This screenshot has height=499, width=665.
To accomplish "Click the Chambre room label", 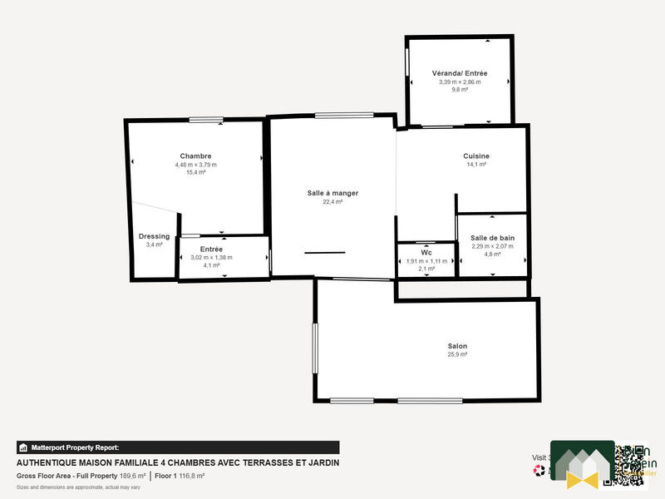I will (195, 156).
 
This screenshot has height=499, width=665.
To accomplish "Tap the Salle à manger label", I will (332, 193).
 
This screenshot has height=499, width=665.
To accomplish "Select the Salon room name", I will (457, 346).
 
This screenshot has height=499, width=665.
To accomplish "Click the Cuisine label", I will (476, 156).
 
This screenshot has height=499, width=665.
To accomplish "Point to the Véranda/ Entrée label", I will (460, 73).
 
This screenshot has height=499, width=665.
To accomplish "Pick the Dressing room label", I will (154, 236).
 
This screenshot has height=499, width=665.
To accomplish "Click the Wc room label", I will (426, 253).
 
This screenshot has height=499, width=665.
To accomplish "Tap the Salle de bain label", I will (493, 238).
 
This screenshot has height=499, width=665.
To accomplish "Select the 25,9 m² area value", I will (457, 355).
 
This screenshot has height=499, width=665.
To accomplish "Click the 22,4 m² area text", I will (332, 202).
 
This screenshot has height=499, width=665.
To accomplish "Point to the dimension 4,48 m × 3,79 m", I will (195, 165).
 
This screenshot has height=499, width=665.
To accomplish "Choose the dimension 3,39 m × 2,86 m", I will (460, 82).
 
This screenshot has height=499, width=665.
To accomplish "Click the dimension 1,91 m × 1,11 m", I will (426, 261).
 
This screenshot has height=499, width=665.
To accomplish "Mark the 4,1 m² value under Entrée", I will (211, 266).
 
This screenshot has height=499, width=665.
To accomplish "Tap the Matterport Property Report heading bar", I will (178, 447).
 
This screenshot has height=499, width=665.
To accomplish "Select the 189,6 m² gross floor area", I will (132, 477).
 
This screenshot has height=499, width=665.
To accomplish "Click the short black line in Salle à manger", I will (324, 252).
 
